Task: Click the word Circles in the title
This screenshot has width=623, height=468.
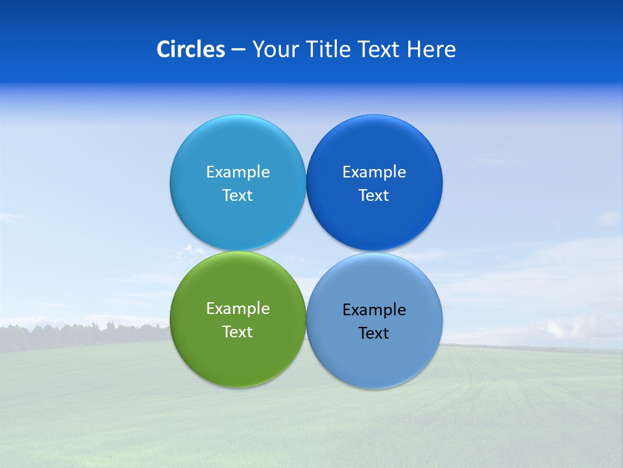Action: coord(191,49)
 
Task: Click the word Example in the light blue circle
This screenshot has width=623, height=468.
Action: coord(238,172)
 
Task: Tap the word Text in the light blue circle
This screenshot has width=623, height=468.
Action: coord(238,196)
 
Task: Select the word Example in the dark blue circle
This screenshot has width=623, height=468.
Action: coord(374,172)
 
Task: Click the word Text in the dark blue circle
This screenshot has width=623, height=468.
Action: coord(374,196)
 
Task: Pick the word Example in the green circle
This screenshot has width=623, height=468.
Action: coord(238,309)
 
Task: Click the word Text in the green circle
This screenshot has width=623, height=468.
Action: coord(238,332)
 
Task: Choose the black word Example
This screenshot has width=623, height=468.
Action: coord(374,310)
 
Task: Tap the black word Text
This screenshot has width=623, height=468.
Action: coord(374,333)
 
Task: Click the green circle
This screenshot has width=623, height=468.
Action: coord(238,364)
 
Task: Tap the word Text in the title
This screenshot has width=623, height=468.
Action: coord(380,49)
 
